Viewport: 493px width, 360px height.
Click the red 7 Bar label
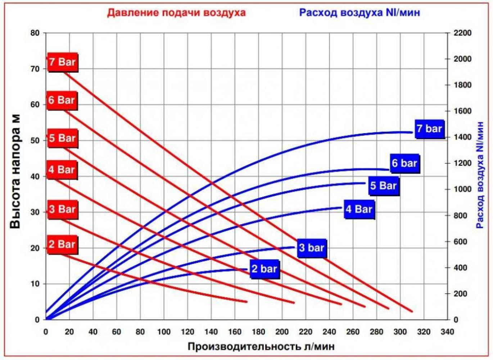click(62, 62)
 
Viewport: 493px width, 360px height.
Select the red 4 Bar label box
click(62, 170)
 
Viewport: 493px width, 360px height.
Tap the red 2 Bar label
click(62, 244)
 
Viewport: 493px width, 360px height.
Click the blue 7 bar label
click(429, 129)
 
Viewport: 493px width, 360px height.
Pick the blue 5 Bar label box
click(383, 186)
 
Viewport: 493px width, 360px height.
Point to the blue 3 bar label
click(312, 248)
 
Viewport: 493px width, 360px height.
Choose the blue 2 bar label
click(264, 269)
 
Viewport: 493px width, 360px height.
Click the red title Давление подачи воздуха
click(176, 13)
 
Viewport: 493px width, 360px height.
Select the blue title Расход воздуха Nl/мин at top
click(359, 13)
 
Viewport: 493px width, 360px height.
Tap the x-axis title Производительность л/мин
click(261, 346)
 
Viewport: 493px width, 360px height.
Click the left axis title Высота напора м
click(15, 172)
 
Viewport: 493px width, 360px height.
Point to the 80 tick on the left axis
click(35, 33)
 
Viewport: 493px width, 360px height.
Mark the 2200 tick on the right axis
click(462, 33)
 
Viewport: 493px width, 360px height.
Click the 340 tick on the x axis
click(447, 332)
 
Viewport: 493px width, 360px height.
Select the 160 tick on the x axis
click(235, 332)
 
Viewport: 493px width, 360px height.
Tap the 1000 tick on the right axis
click(462, 189)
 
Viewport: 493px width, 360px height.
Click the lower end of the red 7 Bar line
click(412, 311)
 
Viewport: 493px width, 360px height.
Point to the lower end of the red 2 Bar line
click(246, 302)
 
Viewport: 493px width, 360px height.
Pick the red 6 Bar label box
click(62, 100)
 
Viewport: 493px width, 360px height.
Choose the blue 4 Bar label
click(359, 209)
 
